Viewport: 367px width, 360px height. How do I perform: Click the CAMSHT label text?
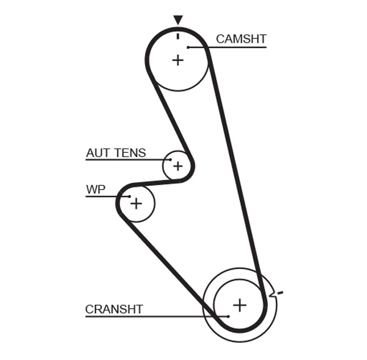tap(241, 39)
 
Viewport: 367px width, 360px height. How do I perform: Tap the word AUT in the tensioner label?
tap(97, 153)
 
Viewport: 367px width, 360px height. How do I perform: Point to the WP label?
tap(95, 189)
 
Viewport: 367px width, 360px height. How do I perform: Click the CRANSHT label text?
tap(114, 309)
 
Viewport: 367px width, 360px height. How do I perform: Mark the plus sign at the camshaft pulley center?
tap(177, 60)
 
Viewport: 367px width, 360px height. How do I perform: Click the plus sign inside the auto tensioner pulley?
tap(177, 166)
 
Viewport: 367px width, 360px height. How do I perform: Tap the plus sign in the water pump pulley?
tap(136, 203)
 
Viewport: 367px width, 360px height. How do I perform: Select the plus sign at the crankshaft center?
tap(240, 304)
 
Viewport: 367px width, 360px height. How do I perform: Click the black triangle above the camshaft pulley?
tap(177, 20)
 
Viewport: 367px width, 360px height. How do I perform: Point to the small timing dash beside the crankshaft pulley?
tap(280, 293)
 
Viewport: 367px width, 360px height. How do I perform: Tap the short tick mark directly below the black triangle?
tap(177, 35)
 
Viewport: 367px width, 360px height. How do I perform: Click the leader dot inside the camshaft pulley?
tap(189, 46)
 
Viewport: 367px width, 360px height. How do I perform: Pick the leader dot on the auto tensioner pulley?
tap(171, 160)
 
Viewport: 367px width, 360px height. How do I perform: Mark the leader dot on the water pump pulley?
tap(130, 196)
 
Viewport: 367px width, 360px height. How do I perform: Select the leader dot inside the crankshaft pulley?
tap(228, 316)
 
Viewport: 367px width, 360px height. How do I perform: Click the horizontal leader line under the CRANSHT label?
tap(153, 316)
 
